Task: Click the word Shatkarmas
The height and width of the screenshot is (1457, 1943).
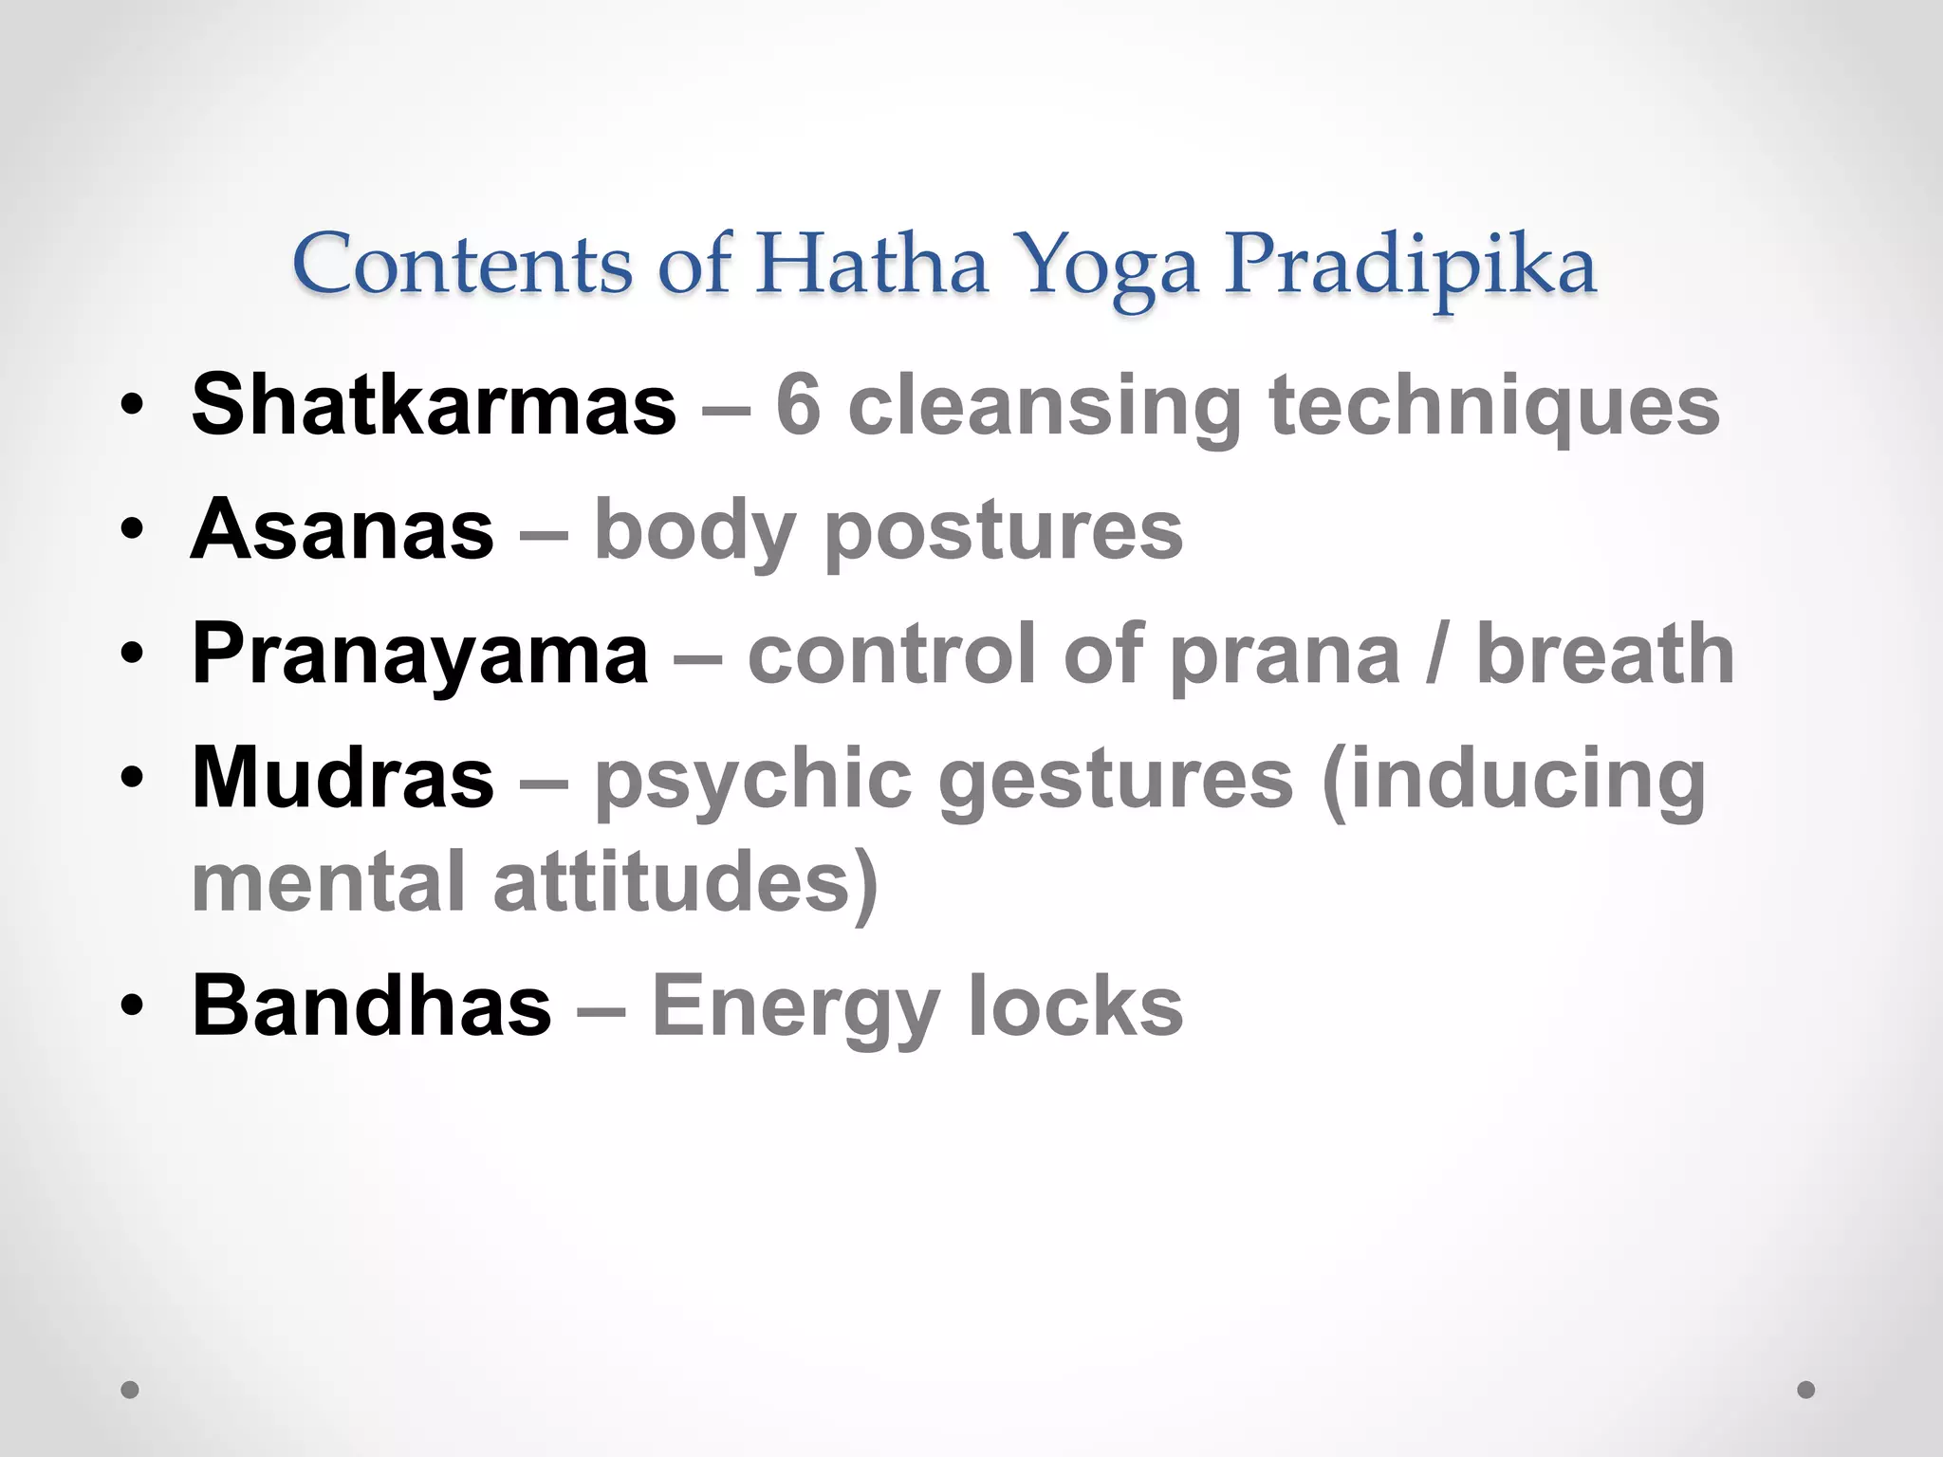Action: [x=434, y=405]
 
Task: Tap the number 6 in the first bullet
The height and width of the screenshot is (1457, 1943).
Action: [x=798, y=405]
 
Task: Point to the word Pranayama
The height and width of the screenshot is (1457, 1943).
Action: [x=420, y=655]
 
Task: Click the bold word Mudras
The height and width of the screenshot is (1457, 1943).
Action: [x=342, y=778]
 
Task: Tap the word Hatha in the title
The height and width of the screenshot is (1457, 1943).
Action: [x=871, y=264]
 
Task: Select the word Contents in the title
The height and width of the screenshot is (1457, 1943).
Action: [x=462, y=264]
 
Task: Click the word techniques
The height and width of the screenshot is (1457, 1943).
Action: [x=1494, y=405]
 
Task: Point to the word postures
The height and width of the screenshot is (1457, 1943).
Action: [x=1004, y=531]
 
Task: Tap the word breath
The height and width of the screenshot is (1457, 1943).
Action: [x=1605, y=655]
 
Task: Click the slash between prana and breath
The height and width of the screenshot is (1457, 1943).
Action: [x=1437, y=655]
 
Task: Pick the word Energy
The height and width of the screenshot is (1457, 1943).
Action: [x=795, y=1007]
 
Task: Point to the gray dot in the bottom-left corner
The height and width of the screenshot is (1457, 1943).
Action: [x=130, y=1390]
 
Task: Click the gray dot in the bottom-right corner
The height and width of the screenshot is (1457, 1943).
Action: [x=1806, y=1390]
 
